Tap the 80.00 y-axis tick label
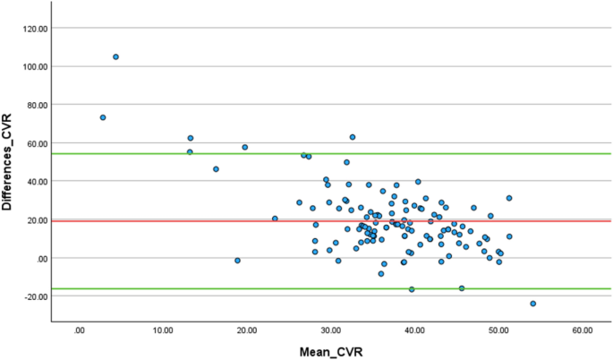click(x=35, y=105)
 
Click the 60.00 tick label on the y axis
click(x=35, y=143)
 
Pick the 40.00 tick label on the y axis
click(x=35, y=182)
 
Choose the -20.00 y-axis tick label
click(x=33, y=296)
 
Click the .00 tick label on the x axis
click(x=80, y=330)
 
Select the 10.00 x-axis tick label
click(x=163, y=330)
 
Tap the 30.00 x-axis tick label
click(x=330, y=330)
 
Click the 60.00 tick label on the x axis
click(x=581, y=330)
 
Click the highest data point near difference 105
click(x=115, y=56)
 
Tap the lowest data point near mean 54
click(x=533, y=304)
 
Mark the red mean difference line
click(x=268, y=220)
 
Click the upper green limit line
click(x=268, y=153)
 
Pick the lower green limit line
click(x=268, y=288)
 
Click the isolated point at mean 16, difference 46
click(x=216, y=169)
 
